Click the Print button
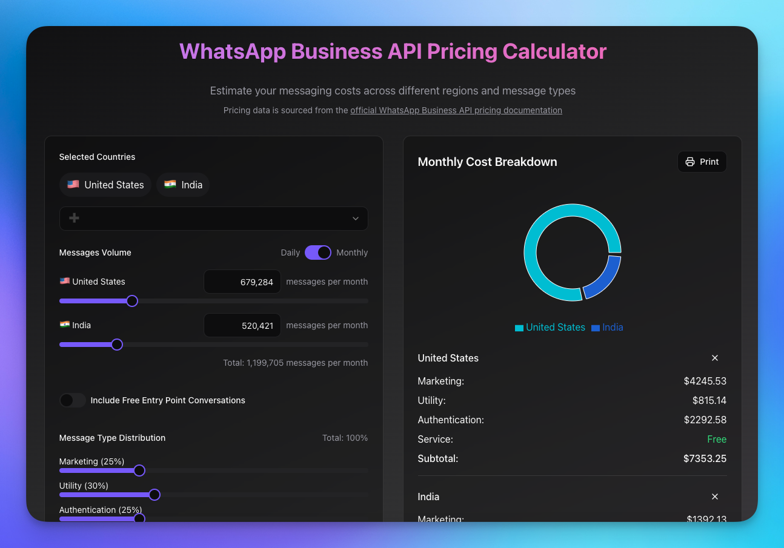(702, 162)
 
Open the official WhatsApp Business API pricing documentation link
(456, 110)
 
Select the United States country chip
(105, 185)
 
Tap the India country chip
(183, 185)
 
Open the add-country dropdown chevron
(356, 219)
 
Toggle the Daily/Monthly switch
(318, 253)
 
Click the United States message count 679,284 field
(242, 282)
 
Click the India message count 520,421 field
(242, 325)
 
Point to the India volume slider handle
(117, 345)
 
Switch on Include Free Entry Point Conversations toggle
(73, 400)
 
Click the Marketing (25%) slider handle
(139, 470)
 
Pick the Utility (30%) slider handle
(154, 495)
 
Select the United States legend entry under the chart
(550, 328)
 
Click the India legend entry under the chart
(607, 328)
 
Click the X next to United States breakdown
(715, 358)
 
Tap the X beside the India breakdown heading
(715, 497)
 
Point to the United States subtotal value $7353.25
(705, 458)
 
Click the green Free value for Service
(717, 439)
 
